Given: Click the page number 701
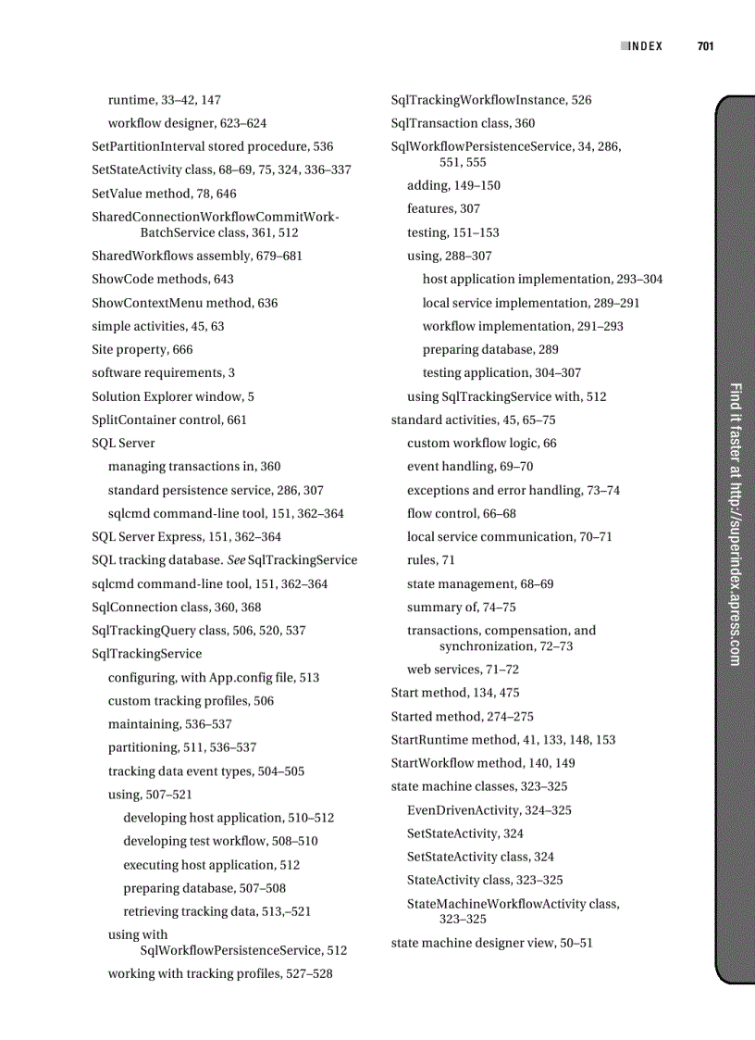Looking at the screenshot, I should pyautogui.click(x=705, y=46).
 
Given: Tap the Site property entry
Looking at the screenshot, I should pyautogui.click(x=142, y=349).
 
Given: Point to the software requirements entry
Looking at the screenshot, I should pyautogui.click(x=163, y=372).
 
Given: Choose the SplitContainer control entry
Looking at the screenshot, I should pyautogui.click(x=169, y=420).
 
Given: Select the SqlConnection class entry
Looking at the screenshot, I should pyautogui.click(x=176, y=607).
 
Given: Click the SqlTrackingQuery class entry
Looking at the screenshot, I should pyautogui.click(x=198, y=630).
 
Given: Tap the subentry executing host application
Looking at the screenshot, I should pyautogui.click(x=211, y=865).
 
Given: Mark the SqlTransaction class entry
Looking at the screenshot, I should pyautogui.click(x=463, y=123).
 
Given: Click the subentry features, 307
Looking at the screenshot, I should pyautogui.click(x=443, y=208).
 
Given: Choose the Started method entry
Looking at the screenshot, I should pyautogui.click(x=462, y=716).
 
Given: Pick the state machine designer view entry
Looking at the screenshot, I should pyautogui.click(x=491, y=943).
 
